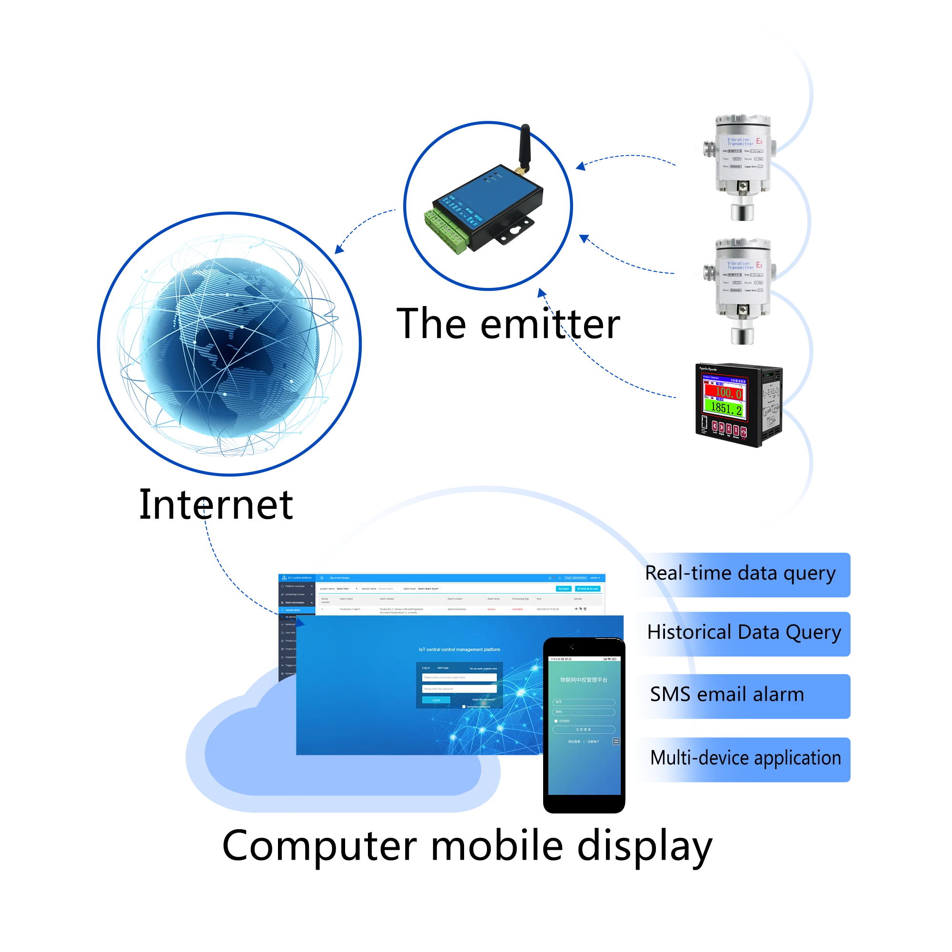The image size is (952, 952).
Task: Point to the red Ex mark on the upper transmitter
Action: (759, 141)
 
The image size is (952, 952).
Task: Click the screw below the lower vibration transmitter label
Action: (742, 309)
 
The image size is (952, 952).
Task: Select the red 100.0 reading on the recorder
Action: (728, 393)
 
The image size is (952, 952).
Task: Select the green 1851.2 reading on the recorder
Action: (726, 408)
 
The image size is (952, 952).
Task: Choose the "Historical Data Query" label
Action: (744, 633)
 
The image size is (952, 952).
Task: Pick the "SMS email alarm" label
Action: (727, 695)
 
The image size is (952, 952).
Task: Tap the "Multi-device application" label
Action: (745, 758)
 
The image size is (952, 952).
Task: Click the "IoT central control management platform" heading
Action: (459, 649)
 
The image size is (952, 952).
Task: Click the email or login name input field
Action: (459, 677)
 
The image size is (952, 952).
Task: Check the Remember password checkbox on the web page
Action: (464, 706)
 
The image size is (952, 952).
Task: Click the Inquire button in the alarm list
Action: (563, 589)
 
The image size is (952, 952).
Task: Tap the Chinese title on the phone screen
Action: (584, 680)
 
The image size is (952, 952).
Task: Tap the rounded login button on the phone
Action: (584, 730)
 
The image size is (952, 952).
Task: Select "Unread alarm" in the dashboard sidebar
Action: (294, 610)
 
